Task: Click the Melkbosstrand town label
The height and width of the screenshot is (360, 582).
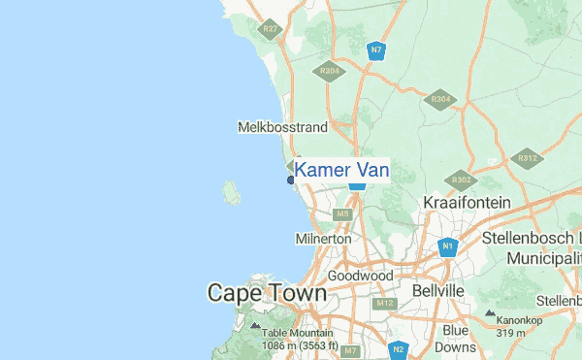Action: pos(282,127)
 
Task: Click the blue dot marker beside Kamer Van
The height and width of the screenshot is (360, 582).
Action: pos(290,180)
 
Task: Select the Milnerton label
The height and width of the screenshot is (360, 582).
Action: pos(323,239)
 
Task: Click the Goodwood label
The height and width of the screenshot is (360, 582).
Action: pos(360,276)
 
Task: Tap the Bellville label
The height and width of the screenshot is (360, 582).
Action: pos(438,290)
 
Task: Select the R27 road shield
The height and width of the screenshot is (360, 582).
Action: pos(271,30)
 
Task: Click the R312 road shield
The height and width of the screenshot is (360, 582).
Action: pos(528,157)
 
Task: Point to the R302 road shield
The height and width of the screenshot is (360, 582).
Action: pos(461,180)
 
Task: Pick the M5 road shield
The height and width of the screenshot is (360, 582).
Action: pos(341,213)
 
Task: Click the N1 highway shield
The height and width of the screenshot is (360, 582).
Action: pos(447,247)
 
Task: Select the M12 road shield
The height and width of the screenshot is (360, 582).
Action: pos(385,304)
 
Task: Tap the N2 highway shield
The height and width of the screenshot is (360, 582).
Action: pos(398,348)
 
